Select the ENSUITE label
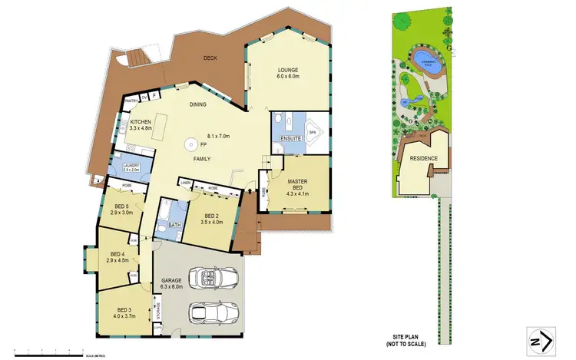(280, 139)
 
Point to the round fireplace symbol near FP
(188, 144)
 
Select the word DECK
(210, 58)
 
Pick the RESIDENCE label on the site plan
(423, 158)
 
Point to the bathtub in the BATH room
(166, 209)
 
